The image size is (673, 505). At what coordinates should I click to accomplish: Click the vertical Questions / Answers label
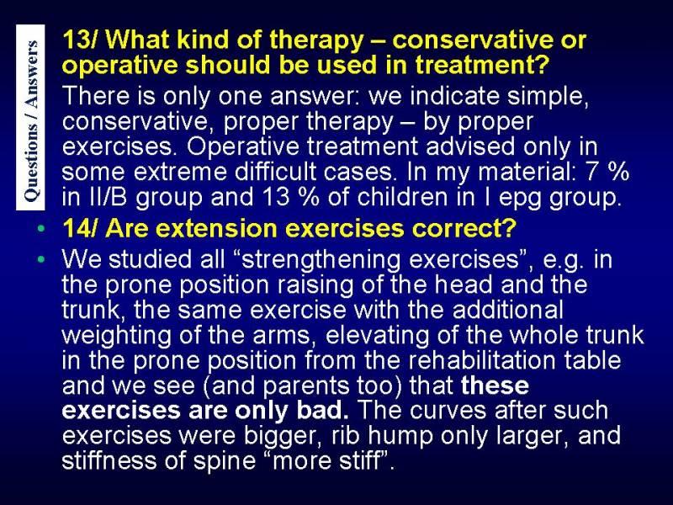(x=30, y=117)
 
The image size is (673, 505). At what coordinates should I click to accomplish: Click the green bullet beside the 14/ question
(x=40, y=228)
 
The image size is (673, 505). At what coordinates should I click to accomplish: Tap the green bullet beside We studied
(x=40, y=259)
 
